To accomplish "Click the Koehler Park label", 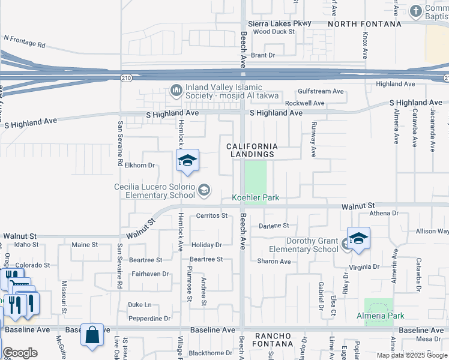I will point(255,197).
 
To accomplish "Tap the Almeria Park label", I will point(381,316).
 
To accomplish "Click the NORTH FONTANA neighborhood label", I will point(364,24).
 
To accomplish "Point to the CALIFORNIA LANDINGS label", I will point(252,150).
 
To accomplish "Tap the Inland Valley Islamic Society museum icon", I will point(176,91).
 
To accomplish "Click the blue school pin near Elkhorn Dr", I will point(187,161).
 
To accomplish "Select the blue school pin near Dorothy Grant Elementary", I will point(358,239).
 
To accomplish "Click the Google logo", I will point(20,353).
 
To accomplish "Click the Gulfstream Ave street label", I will point(321,91).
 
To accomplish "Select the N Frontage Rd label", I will point(25,41).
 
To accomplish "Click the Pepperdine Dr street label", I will point(149,319).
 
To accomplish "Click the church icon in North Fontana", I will point(415,11).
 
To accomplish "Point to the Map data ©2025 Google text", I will point(412,355).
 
